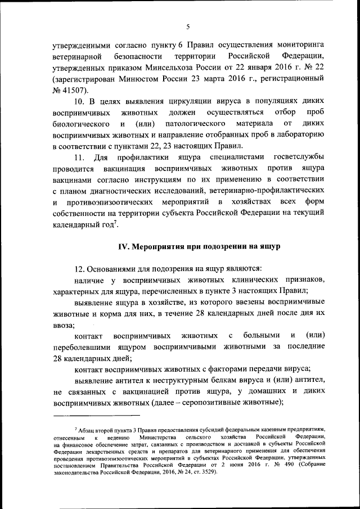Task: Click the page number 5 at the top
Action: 188,25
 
